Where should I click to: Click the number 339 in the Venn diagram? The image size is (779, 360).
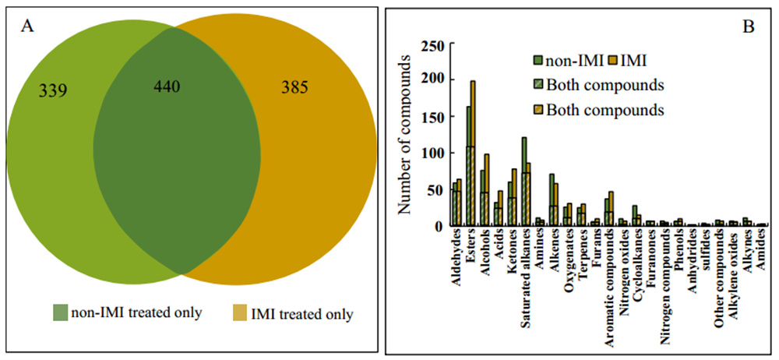pyautogui.click(x=53, y=90)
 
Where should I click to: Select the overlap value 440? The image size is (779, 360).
pyautogui.click(x=166, y=86)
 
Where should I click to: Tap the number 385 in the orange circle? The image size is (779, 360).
pyautogui.click(x=297, y=90)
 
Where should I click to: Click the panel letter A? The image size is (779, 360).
pyautogui.click(x=27, y=26)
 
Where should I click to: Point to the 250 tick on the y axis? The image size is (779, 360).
pyautogui.click(x=430, y=45)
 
